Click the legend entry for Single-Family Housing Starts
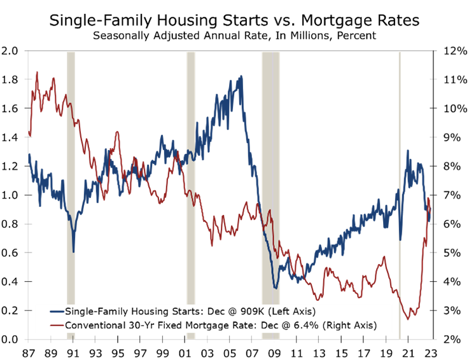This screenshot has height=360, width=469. pos(183,312)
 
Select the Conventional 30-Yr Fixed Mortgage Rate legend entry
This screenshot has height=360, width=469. pos(213,326)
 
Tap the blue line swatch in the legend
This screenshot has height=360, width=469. pos(57,312)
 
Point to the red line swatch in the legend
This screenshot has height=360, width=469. pos(57,326)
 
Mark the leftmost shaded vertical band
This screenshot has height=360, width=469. pos(71,191)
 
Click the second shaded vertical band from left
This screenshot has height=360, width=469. pos(190,191)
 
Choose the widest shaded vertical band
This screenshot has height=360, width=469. pos(270,191)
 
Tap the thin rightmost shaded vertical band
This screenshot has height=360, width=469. pos(400,191)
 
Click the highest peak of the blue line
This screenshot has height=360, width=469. pos(241,76)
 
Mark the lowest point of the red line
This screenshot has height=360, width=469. pos(410,317)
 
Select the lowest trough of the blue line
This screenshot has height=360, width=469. pos(276,288)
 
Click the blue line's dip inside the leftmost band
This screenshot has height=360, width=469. pos(74,251)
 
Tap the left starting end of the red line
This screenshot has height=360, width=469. pos(29,134)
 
